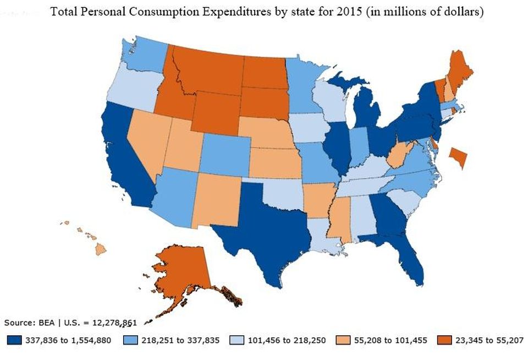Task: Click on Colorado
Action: [225, 155]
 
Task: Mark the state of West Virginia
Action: [400, 155]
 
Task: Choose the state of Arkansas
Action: [318, 200]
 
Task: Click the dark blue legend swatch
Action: [14, 340]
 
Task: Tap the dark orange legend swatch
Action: [444, 340]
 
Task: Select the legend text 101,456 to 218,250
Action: [287, 340]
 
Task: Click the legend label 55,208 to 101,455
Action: [391, 340]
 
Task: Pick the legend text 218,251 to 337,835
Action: [180, 340]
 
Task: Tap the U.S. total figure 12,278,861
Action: [114, 323]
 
